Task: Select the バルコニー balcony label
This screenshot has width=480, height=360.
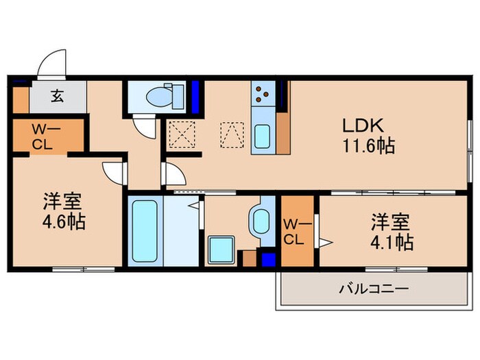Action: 374,289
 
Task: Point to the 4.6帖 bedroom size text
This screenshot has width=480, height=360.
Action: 64,223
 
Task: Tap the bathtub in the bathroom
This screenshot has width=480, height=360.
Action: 144,230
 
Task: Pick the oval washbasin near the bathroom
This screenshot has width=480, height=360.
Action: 261,221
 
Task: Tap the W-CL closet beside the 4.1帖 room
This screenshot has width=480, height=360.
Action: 297,232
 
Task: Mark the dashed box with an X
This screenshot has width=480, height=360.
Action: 182,133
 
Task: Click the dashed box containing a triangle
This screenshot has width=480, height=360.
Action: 232,132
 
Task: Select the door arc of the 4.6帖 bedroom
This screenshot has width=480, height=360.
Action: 111,171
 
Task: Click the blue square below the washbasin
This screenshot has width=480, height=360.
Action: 268,260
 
